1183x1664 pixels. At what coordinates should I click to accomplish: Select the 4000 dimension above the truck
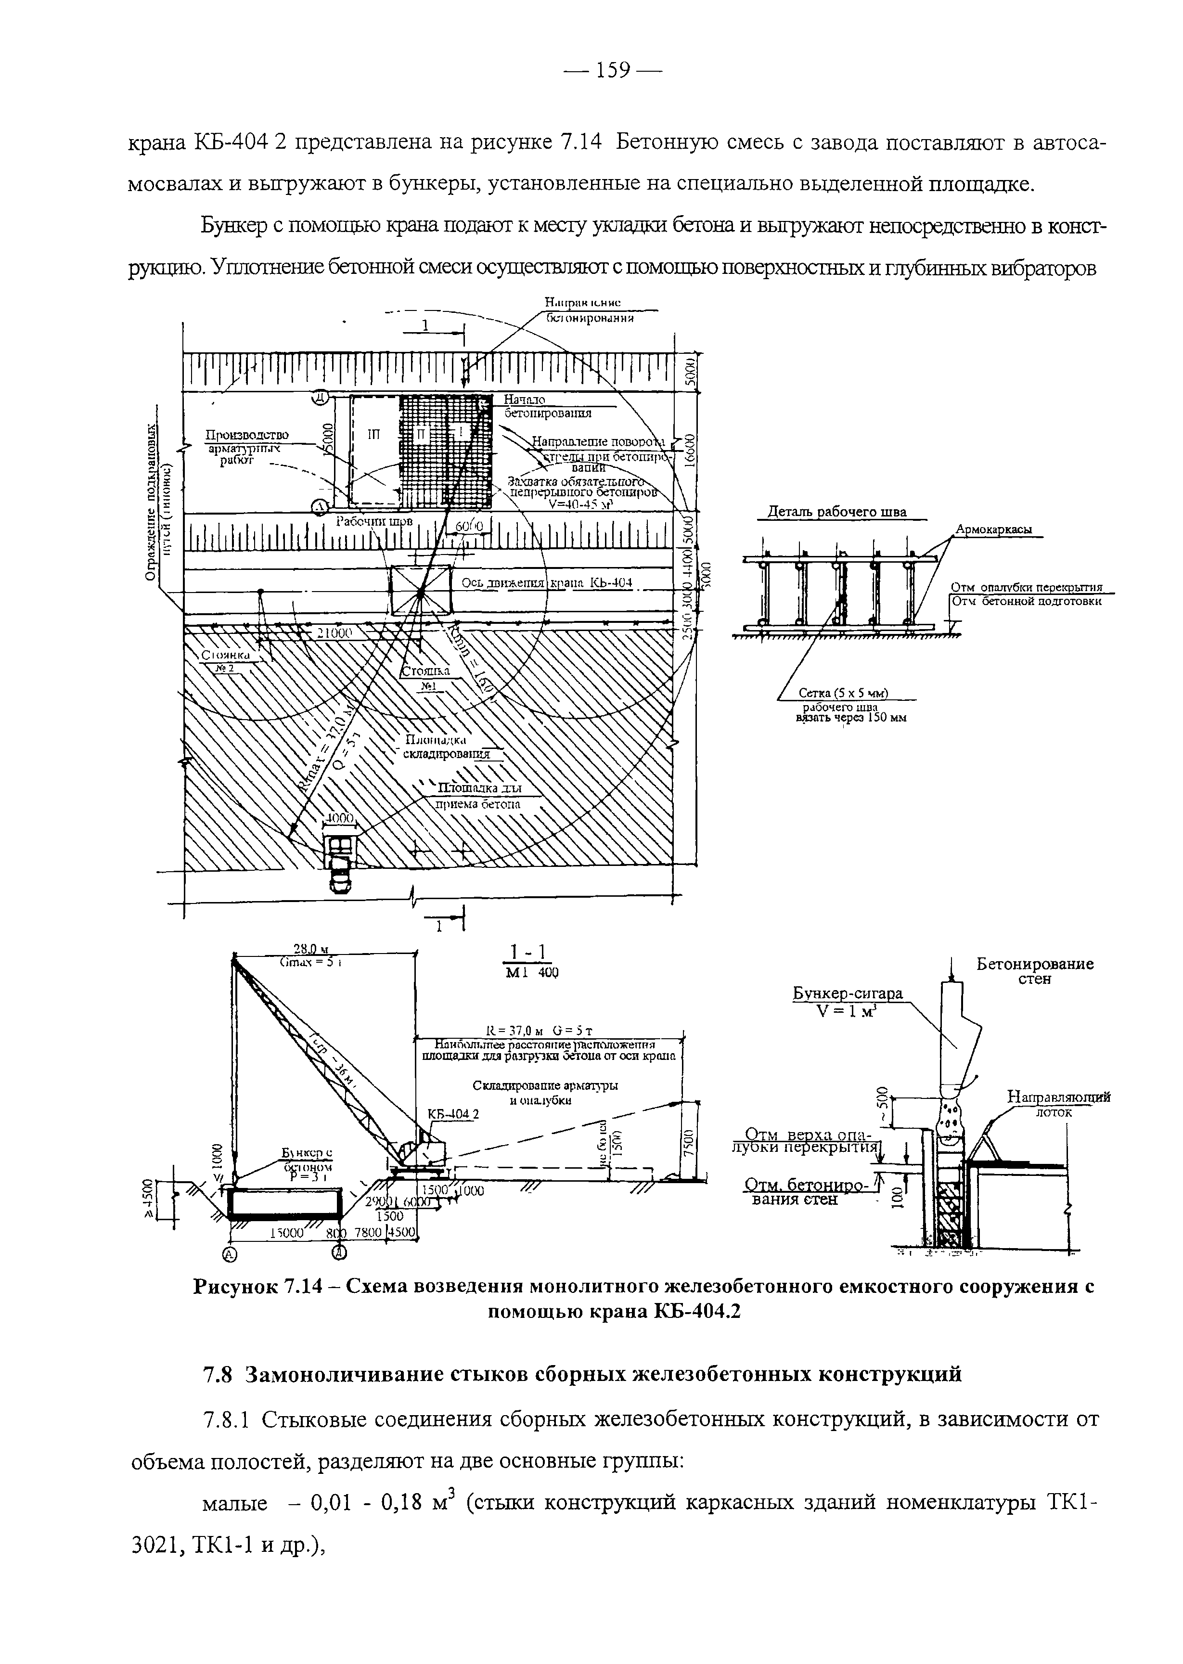point(339,818)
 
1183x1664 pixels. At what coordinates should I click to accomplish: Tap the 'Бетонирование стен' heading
point(1034,971)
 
